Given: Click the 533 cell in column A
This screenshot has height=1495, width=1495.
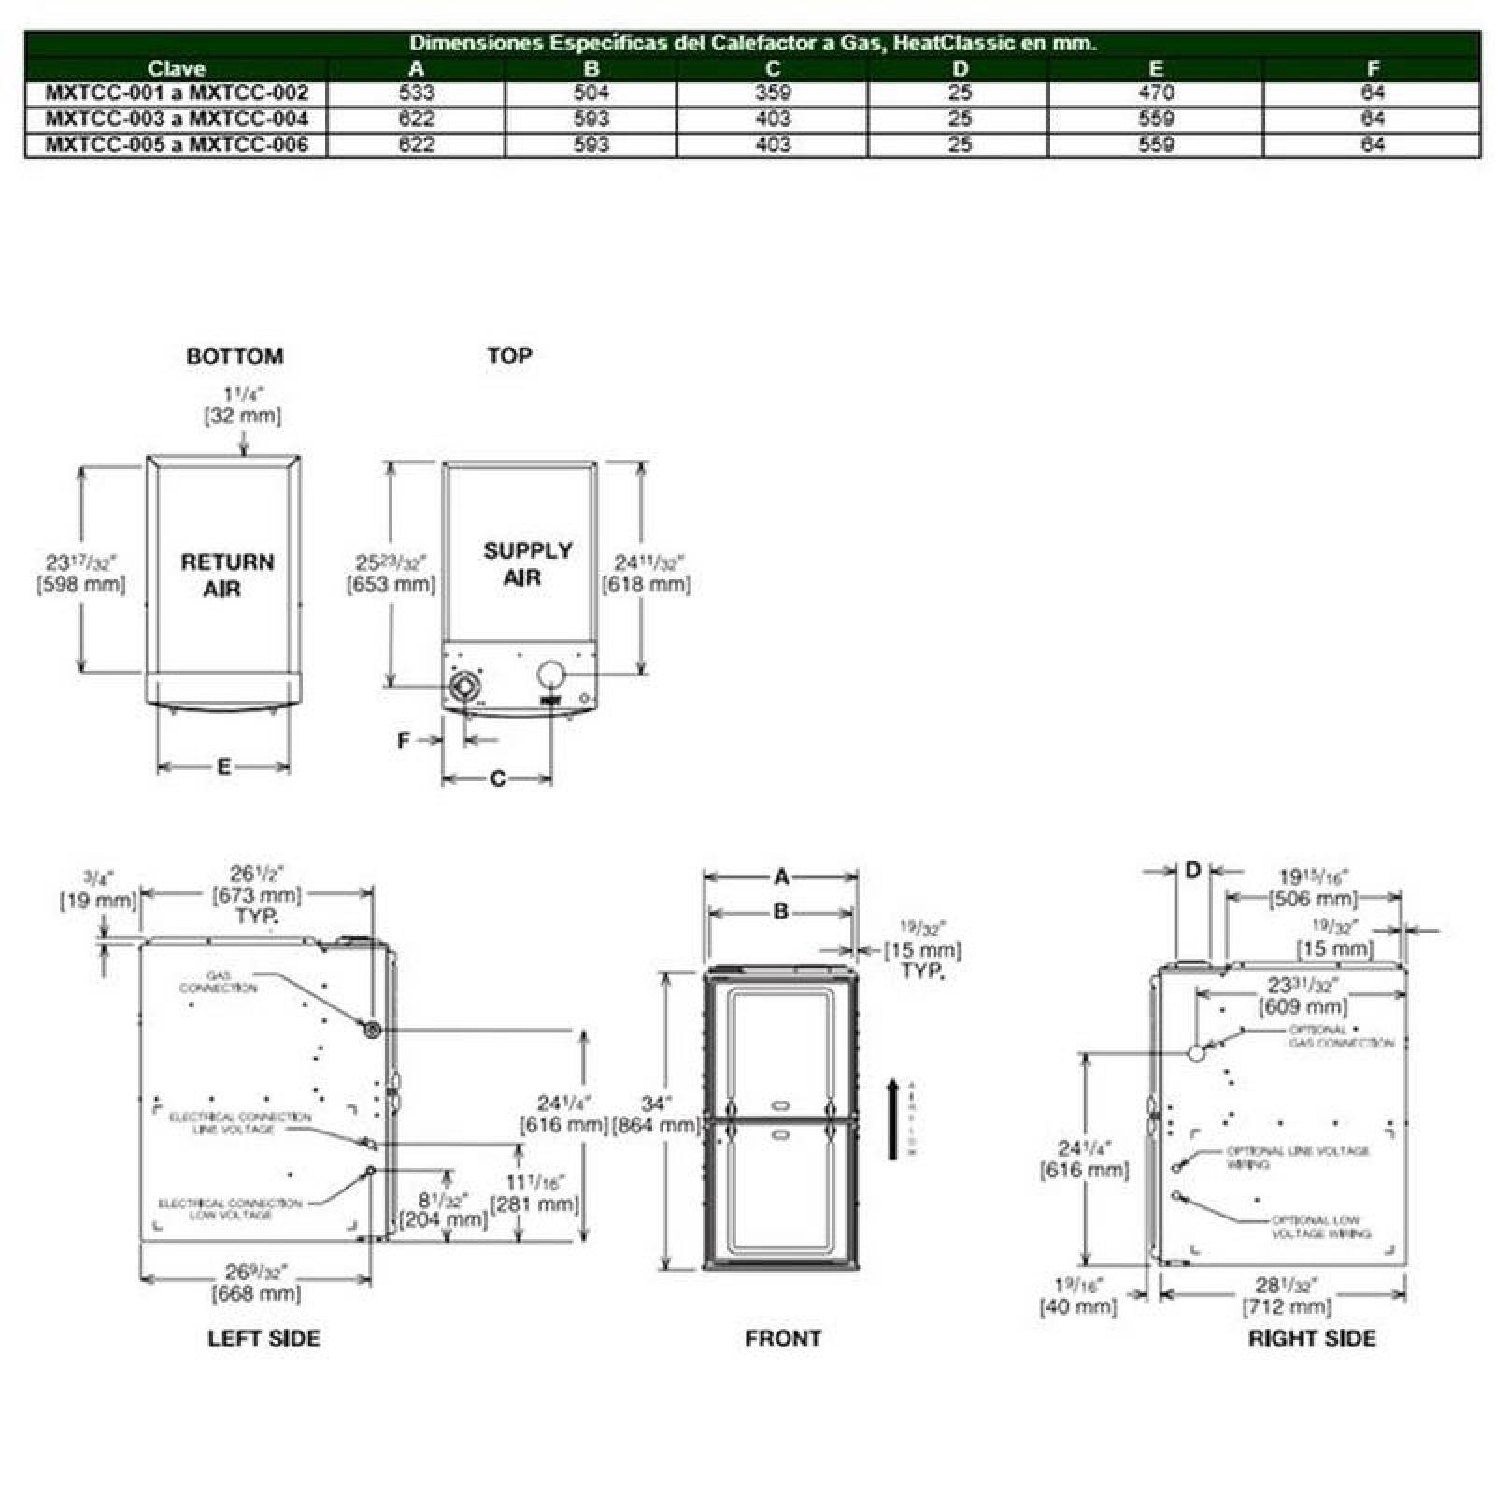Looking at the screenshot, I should click(x=416, y=93).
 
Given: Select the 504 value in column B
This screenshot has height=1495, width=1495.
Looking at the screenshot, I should click(x=591, y=93).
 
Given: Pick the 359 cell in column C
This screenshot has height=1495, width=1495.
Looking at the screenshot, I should click(x=773, y=93).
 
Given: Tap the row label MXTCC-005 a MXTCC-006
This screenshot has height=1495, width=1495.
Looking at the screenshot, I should click(x=177, y=145).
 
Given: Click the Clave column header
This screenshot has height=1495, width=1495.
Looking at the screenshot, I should click(x=177, y=68).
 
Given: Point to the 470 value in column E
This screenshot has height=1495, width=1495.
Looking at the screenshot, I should click(x=1156, y=93).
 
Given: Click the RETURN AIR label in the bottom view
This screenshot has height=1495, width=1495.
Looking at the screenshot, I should click(x=227, y=575).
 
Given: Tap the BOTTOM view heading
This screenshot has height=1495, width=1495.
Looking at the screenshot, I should click(x=235, y=356).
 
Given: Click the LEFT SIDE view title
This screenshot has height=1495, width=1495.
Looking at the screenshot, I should click(x=263, y=1338).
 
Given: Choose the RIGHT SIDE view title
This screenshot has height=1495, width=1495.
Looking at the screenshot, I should click(x=1312, y=1338).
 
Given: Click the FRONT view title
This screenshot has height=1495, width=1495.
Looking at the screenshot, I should click(x=783, y=1338).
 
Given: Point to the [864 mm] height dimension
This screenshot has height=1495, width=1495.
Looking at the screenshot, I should click(x=656, y=1125).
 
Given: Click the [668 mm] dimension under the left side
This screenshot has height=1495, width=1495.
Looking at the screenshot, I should click(x=256, y=1293).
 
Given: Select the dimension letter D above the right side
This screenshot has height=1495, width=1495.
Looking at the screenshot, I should click(x=1192, y=871).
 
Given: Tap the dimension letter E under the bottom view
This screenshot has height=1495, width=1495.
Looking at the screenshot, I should click(x=223, y=767).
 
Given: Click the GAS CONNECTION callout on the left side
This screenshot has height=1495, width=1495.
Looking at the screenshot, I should click(x=218, y=981).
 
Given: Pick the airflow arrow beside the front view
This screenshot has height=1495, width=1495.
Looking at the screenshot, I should click(x=893, y=1118).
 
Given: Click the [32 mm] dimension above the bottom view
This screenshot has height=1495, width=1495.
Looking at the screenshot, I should click(x=243, y=416).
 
